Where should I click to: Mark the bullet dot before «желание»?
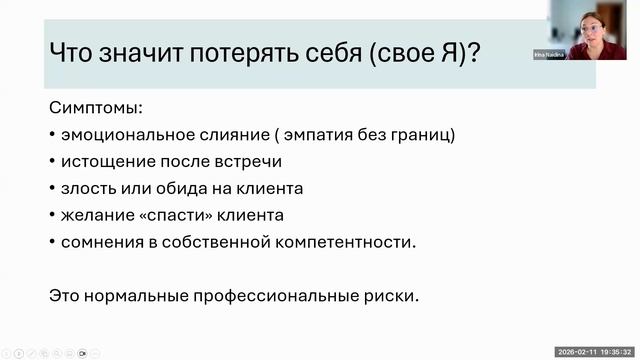(x=52, y=215)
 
